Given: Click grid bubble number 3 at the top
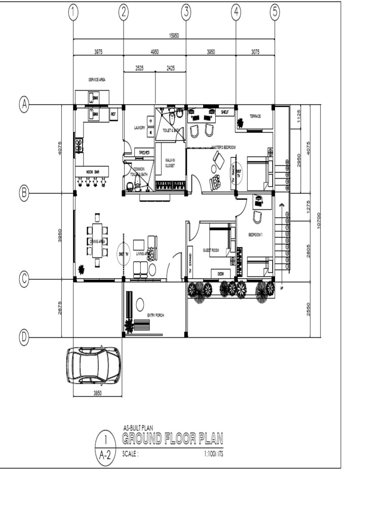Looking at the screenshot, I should pos(186,13).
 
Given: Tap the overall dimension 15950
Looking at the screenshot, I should pos(174,35).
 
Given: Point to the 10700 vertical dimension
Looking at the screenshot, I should pos(319,220).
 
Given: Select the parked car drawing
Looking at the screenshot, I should pos(94,365).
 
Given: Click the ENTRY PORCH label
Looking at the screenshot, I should pos(155,315).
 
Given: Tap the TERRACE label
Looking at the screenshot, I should pos(255,116).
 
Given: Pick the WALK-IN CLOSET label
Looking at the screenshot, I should pos(170,162).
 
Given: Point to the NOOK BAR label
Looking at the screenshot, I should pos(92,172).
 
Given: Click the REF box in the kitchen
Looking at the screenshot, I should pos(113,114).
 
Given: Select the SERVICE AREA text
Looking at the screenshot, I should pos(97,79).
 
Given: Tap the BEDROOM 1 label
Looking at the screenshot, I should pos(255,235).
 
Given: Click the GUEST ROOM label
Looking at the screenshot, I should pos(211,250).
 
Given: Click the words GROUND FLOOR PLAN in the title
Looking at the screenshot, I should pos(172,438).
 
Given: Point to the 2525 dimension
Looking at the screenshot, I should pos(139,68).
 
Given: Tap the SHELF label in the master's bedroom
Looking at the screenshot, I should pos(225,112).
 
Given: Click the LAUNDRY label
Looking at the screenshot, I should pos(139,128).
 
